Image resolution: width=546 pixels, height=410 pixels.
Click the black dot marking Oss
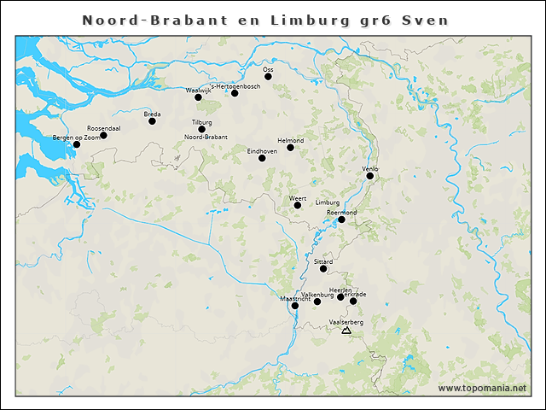(268, 77)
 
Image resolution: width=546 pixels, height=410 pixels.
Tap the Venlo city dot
(370, 176)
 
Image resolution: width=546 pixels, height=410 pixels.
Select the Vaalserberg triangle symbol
(346, 330)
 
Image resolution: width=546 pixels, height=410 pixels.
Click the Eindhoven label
(262, 150)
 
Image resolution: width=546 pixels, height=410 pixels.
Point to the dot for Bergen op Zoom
(77, 144)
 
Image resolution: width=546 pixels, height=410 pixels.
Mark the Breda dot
(152, 121)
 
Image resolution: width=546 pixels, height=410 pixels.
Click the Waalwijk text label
(198, 90)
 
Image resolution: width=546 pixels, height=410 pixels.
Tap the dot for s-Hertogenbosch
(235, 93)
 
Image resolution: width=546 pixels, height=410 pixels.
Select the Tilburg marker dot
(202, 130)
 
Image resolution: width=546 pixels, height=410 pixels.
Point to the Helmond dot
(290, 148)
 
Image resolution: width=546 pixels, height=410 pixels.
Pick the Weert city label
(298, 198)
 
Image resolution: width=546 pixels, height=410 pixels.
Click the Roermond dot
(341, 220)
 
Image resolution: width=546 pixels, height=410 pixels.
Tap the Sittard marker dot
(323, 269)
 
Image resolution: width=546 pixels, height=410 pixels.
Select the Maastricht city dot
(295, 306)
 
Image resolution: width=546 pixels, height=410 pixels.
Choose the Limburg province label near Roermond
(328, 202)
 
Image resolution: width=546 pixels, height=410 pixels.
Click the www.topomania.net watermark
(483, 388)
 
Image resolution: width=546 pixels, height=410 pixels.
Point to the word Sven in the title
(426, 20)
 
